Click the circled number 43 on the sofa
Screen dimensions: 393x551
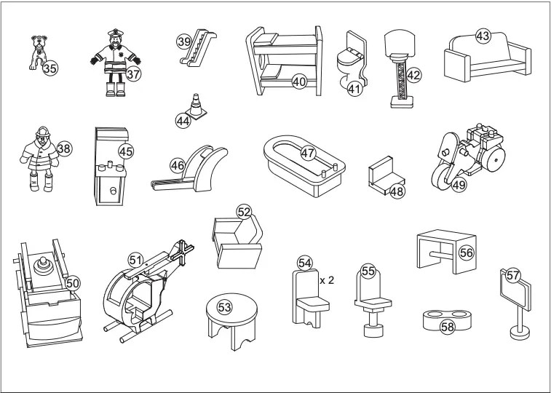tap(483, 36)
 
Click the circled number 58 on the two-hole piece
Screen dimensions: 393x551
tap(447, 327)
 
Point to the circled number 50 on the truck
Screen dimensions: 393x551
tap(73, 282)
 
